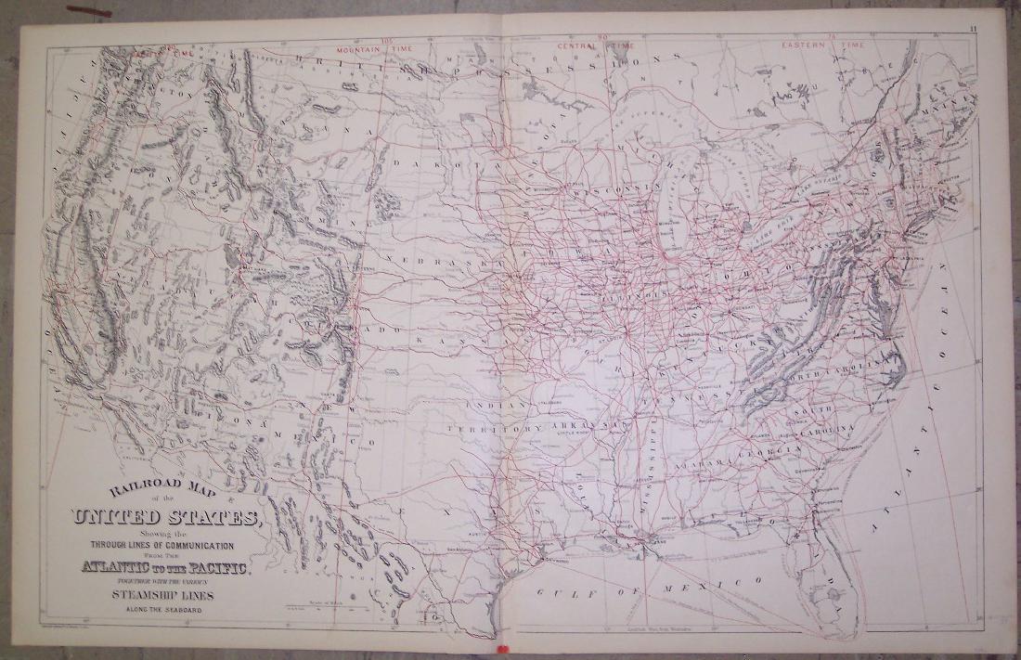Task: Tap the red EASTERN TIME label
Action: click(822, 45)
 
